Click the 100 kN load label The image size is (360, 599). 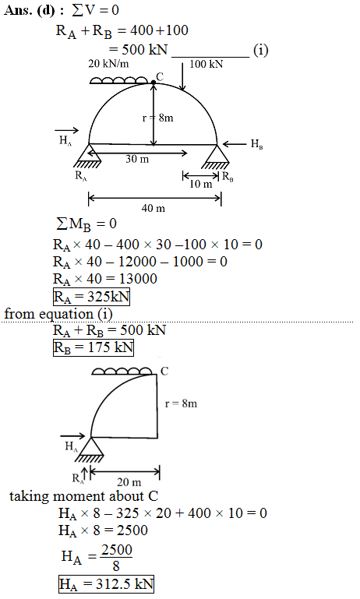pyautogui.click(x=206, y=64)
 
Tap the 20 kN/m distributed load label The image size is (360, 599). pyautogui.click(x=108, y=63)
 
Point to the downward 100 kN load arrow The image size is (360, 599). pyautogui.click(x=182, y=76)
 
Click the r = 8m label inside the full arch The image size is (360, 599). pyautogui.click(x=158, y=118)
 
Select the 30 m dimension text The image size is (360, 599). pyautogui.click(x=137, y=159)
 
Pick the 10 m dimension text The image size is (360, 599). pyautogui.click(x=200, y=184)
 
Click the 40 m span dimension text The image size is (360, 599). pyautogui.click(x=154, y=208)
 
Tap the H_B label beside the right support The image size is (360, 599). pyautogui.click(x=257, y=144)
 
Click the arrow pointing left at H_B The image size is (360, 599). pyautogui.click(x=235, y=144)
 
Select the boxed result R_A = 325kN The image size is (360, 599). pyautogui.click(x=91, y=297)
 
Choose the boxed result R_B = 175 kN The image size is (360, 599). pyautogui.click(x=94, y=347)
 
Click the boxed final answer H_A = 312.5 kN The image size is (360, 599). pyautogui.click(x=106, y=584)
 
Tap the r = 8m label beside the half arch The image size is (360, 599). pyautogui.click(x=181, y=403)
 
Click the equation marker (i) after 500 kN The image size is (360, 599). pyautogui.click(x=260, y=50)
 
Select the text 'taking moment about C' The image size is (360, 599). pyautogui.click(x=83, y=496)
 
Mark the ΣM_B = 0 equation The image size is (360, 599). pyautogui.click(x=86, y=224)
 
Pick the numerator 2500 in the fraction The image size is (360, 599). pyautogui.click(x=117, y=550)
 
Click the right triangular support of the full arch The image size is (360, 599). pyautogui.click(x=217, y=157)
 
